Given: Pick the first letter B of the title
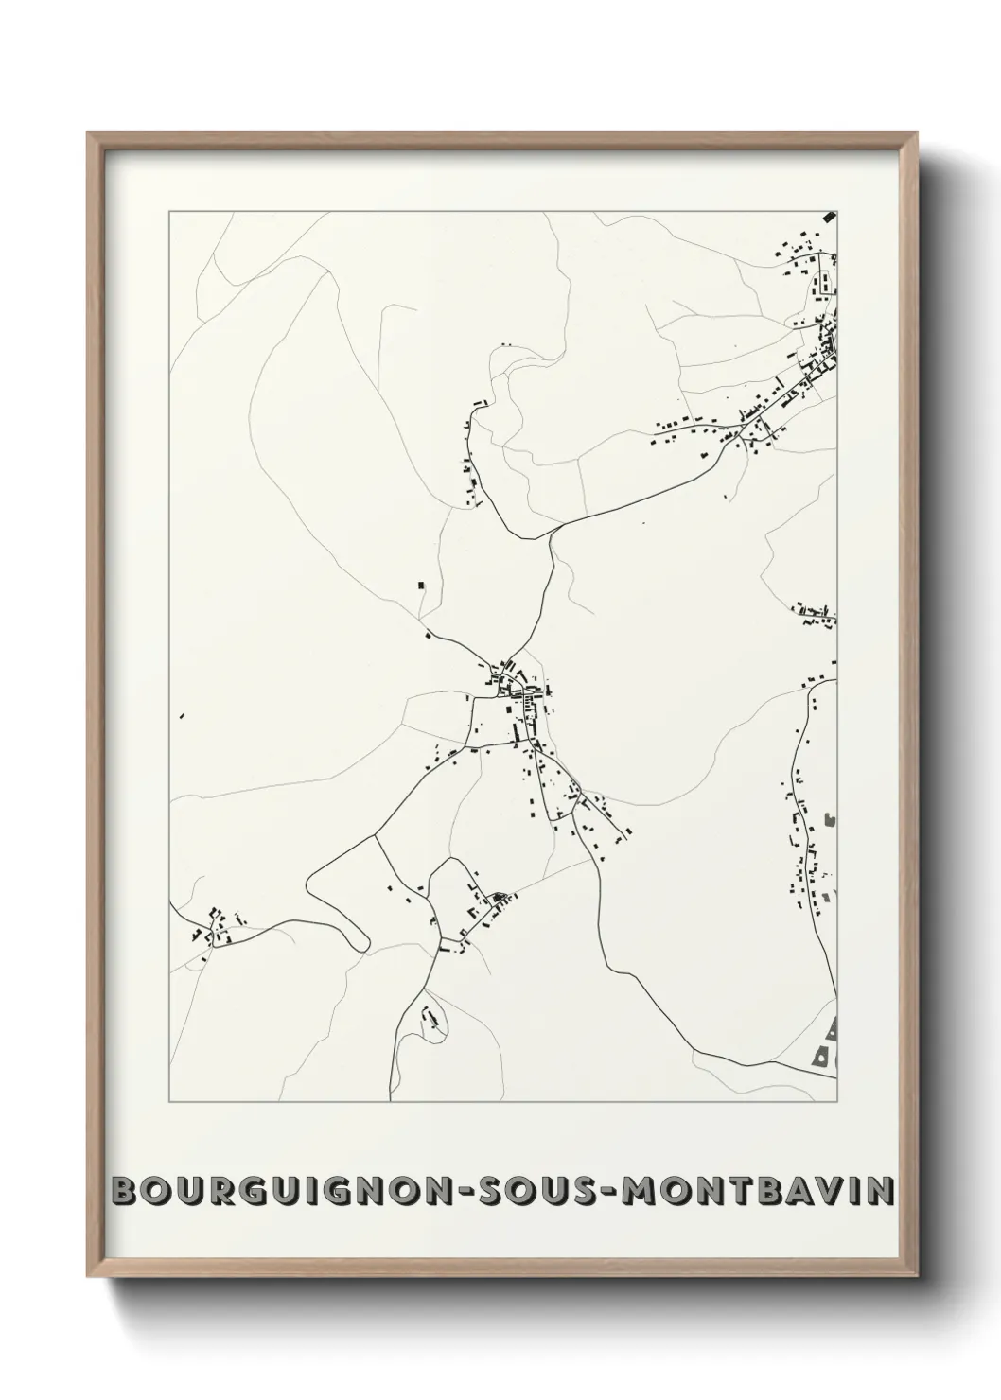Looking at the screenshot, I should [x=123, y=1190].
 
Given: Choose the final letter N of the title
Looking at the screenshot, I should [x=880, y=1190].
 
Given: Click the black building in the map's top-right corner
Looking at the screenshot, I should [x=831, y=217].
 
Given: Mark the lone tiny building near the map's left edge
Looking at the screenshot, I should [x=181, y=716].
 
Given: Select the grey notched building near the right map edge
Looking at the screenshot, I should [x=831, y=818].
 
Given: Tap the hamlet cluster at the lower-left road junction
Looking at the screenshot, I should [x=217, y=928].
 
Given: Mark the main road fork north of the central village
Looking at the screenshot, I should [x=551, y=536].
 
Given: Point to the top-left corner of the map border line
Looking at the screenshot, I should [x=169, y=212].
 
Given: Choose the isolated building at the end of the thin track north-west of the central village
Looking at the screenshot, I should [x=422, y=586].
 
